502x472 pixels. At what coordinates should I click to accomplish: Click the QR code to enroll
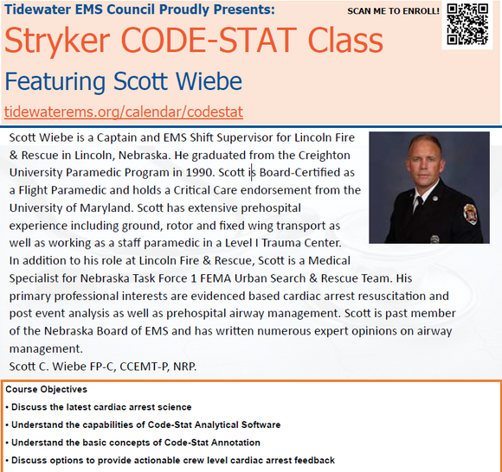(467, 24)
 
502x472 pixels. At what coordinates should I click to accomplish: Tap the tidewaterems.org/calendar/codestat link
(124, 112)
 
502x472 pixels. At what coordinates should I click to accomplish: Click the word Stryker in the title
(57, 41)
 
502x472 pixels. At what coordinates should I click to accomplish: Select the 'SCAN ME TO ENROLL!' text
(393, 11)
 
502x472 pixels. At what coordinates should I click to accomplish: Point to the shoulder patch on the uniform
(470, 214)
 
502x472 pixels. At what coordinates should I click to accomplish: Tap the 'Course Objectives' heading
(47, 389)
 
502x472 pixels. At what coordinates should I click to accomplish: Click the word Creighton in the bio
(324, 156)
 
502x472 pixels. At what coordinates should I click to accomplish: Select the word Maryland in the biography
(106, 208)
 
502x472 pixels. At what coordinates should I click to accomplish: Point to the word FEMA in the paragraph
(216, 278)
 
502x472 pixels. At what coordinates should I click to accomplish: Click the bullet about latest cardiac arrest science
(99, 407)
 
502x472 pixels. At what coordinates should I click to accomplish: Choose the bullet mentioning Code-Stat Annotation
(133, 443)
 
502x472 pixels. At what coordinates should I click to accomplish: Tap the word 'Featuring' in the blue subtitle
(55, 82)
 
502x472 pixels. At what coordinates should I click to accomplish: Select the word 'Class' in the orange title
(345, 41)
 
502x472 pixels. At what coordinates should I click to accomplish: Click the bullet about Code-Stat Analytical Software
(143, 424)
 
